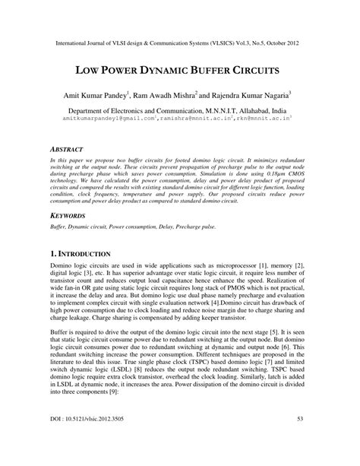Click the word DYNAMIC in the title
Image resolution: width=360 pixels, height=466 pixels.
[150, 71]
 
